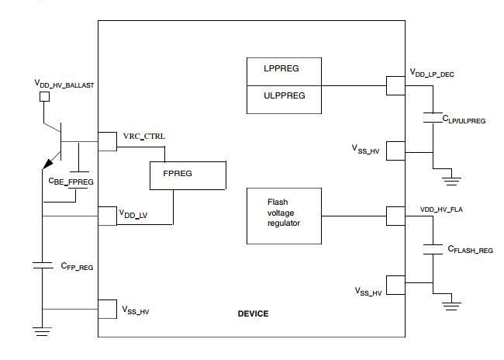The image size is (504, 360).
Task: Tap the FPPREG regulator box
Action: point(188,175)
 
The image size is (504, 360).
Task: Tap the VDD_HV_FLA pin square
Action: point(395,215)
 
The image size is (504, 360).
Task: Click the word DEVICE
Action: point(253,313)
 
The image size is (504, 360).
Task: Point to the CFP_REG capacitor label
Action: point(77,266)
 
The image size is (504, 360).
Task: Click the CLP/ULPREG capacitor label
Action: point(464,119)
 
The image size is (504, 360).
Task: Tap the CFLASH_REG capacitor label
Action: point(469,250)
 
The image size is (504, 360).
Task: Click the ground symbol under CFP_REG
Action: point(41,331)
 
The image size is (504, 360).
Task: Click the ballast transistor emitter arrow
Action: point(49,162)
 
